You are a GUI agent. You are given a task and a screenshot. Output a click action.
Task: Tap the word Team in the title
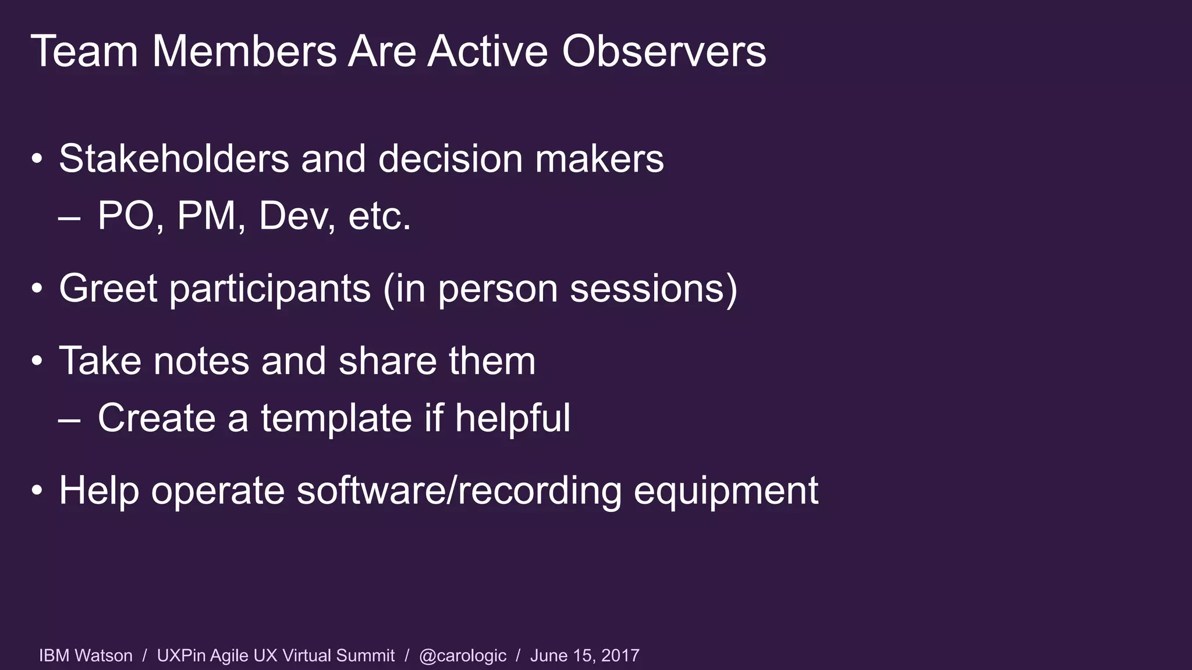pos(84,52)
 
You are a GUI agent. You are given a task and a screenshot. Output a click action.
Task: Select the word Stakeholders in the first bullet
pos(174,159)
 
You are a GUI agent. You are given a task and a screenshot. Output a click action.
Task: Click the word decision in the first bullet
pos(450,159)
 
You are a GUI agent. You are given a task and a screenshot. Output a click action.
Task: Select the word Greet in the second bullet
pos(108,288)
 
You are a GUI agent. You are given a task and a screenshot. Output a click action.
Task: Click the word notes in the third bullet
pos(201,361)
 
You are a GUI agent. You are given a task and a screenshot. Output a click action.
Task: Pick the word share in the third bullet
pos(387,361)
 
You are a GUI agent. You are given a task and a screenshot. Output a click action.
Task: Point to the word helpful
pos(512,419)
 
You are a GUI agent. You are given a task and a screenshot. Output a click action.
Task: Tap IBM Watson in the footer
pos(86,656)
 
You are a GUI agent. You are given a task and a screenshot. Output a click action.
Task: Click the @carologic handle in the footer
pos(463,656)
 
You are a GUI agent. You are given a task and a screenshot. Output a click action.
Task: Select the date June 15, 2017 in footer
pos(584,656)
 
